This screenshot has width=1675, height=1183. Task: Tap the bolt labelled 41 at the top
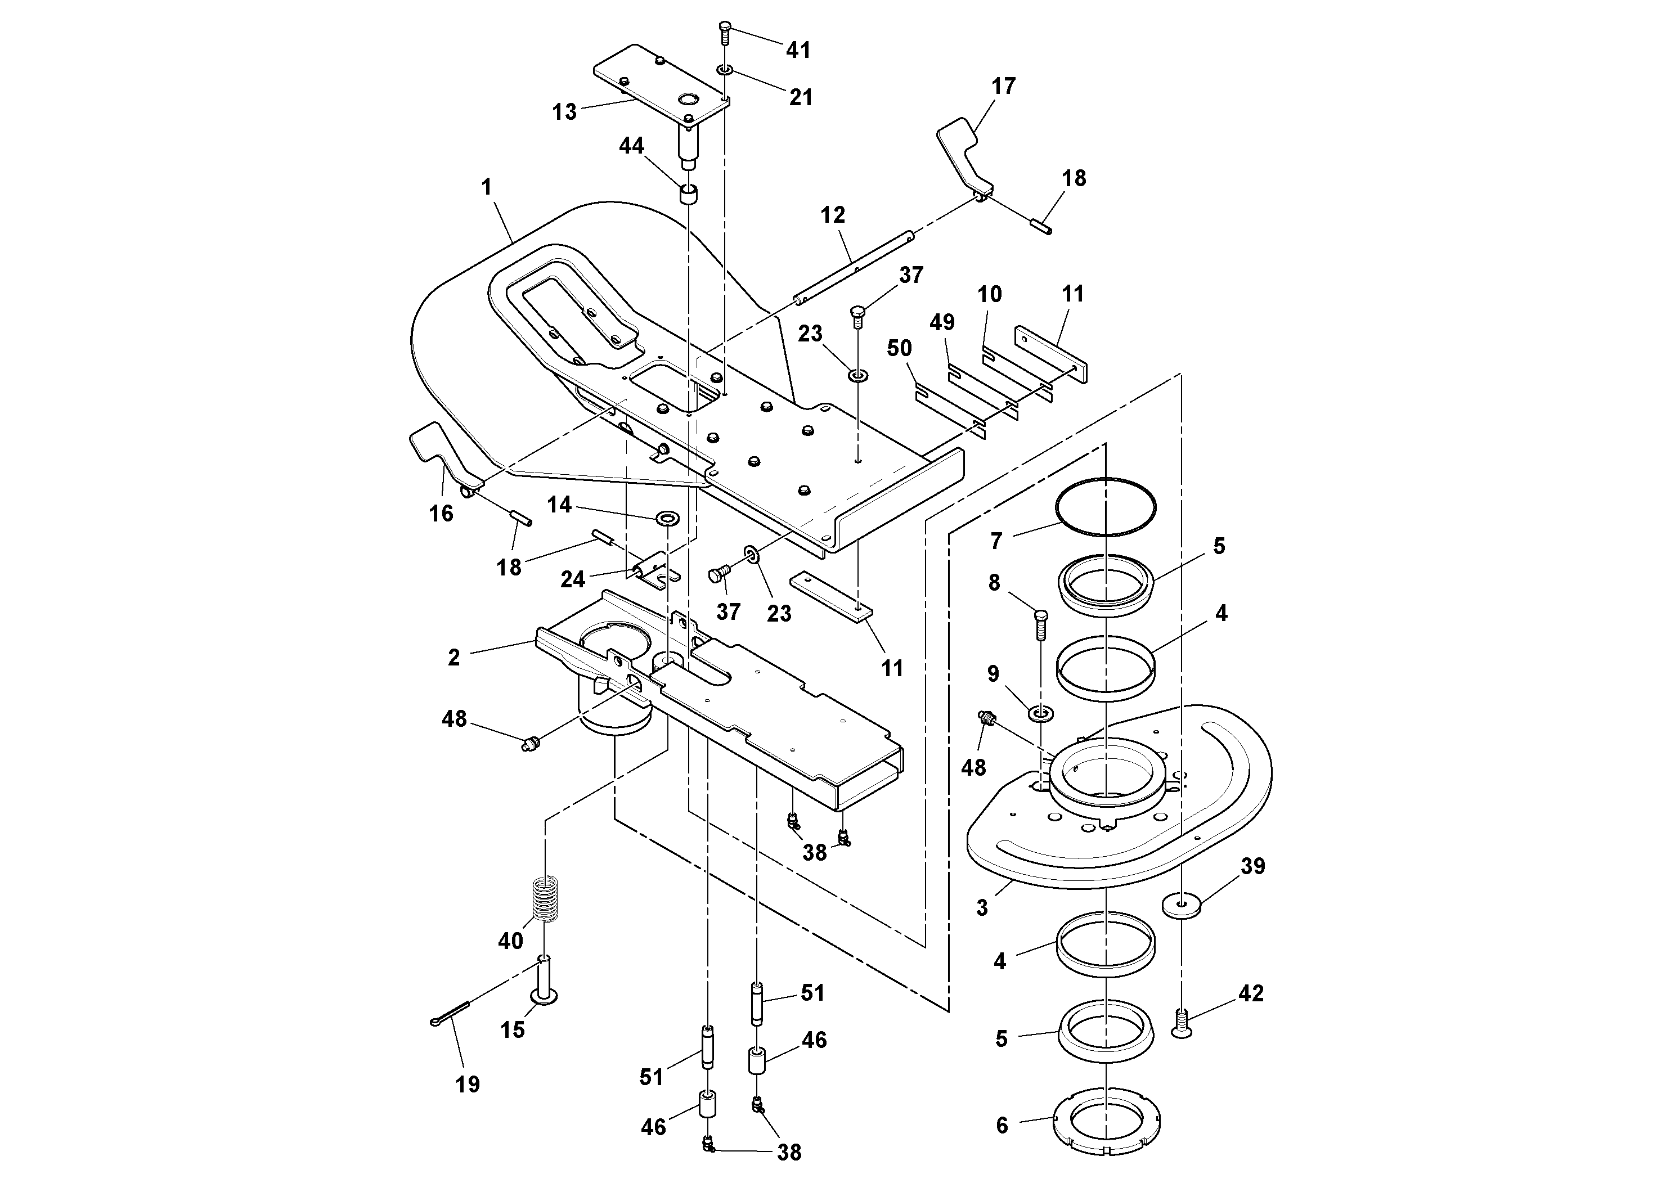tap(725, 32)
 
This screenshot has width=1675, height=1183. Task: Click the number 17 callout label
tap(1003, 86)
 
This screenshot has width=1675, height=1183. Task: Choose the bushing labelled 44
tap(689, 195)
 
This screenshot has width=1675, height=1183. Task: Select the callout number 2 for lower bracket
tap(453, 657)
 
